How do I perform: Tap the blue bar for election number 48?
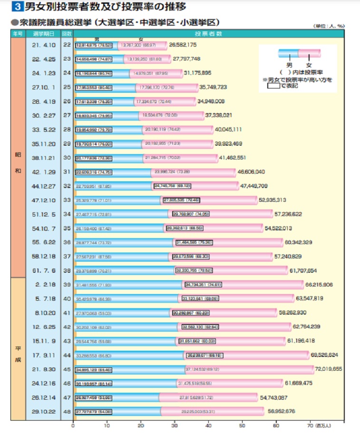coord(117,411)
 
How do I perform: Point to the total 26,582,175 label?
coord(183,45)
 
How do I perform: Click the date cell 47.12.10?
coord(43,201)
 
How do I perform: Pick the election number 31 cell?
coord(67,172)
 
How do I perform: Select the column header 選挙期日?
coord(43,34)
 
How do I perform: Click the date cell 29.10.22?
coord(43,411)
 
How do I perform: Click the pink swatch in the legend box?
coord(310,53)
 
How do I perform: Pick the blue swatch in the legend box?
coord(289,53)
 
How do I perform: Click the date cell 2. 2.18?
coord(43,285)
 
